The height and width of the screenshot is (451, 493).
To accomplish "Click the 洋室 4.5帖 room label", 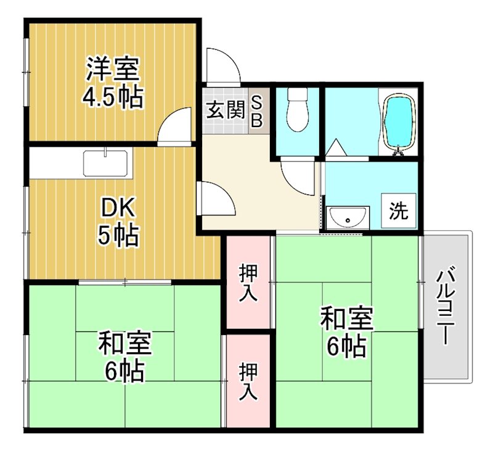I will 113,83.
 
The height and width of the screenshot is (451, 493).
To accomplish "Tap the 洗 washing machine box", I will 398,211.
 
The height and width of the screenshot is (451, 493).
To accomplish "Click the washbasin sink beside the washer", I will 348,218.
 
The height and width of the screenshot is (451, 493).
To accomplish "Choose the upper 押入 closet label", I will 248,283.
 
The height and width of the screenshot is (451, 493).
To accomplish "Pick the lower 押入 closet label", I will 248,383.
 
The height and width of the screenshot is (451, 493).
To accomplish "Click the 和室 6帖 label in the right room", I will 346,333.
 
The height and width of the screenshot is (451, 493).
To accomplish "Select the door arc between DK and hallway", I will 216,199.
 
